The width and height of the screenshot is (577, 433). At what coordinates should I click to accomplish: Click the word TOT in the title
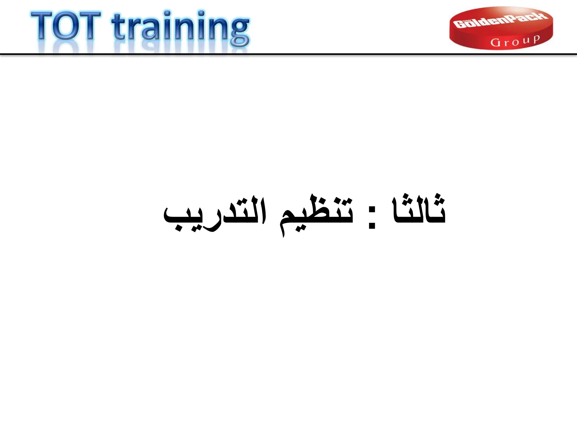[66, 26]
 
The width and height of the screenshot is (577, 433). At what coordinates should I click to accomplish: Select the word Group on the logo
[515, 41]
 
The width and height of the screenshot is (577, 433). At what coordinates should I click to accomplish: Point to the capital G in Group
[495, 43]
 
